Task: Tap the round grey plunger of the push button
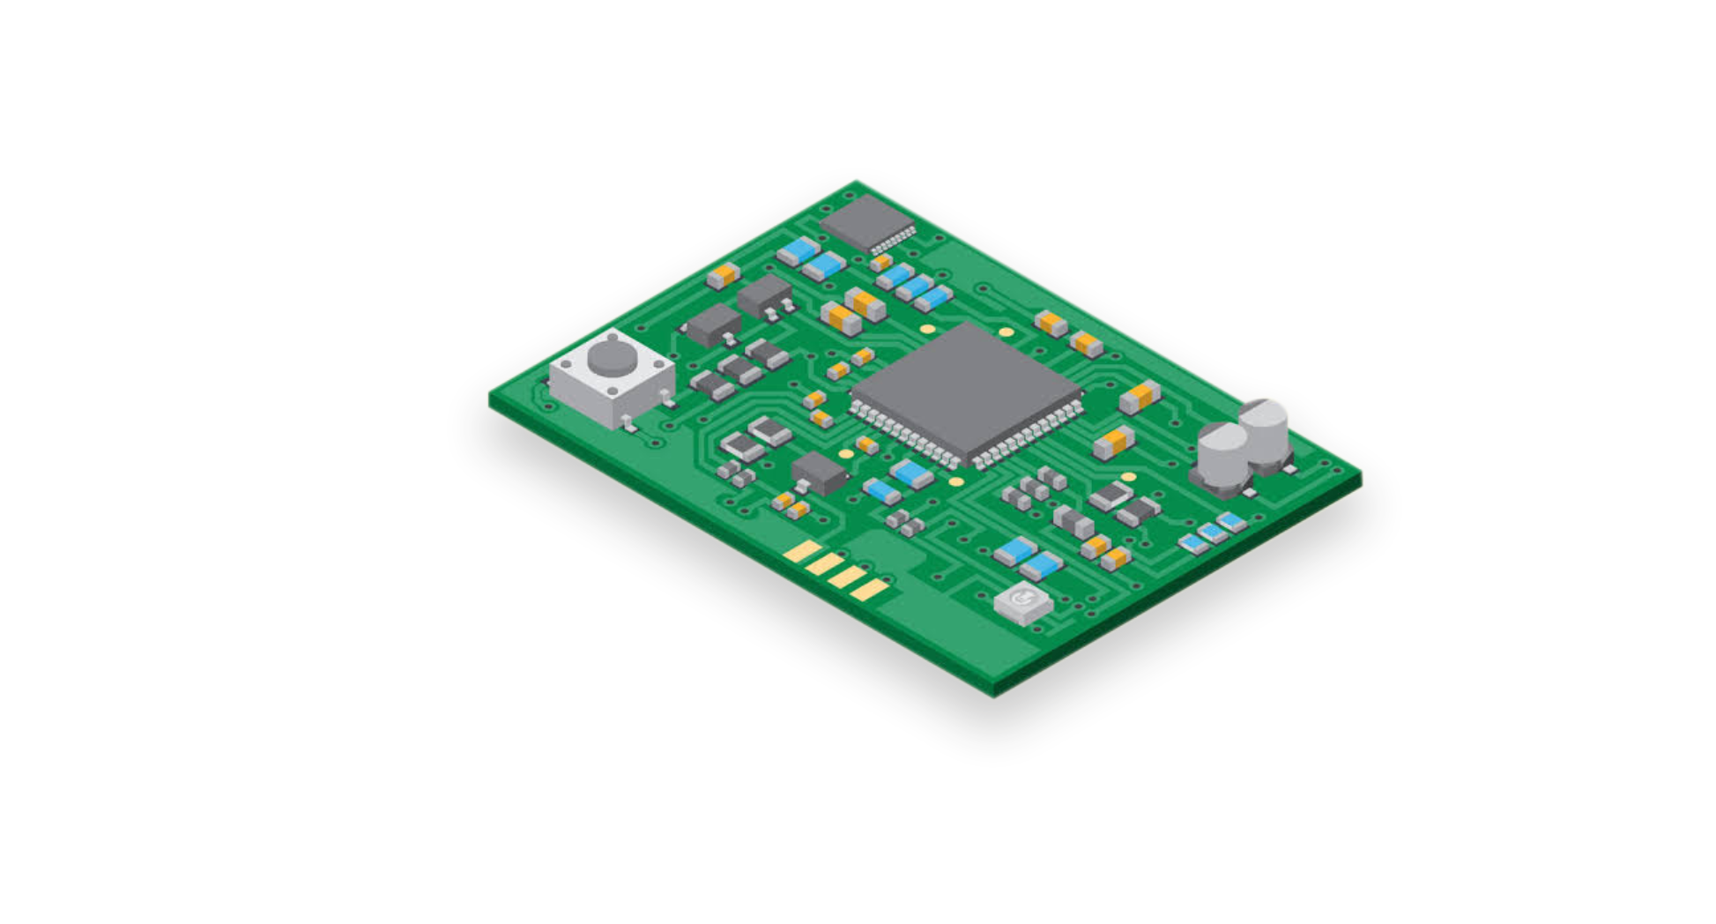coord(613,356)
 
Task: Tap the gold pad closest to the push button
coord(803,552)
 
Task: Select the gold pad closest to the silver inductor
coord(870,590)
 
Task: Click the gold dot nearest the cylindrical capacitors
coord(1128,477)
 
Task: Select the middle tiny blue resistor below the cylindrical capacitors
coord(1214,532)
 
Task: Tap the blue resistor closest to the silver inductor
coord(1042,565)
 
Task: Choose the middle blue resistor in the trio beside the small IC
coord(915,286)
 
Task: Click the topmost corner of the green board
coord(856,179)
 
